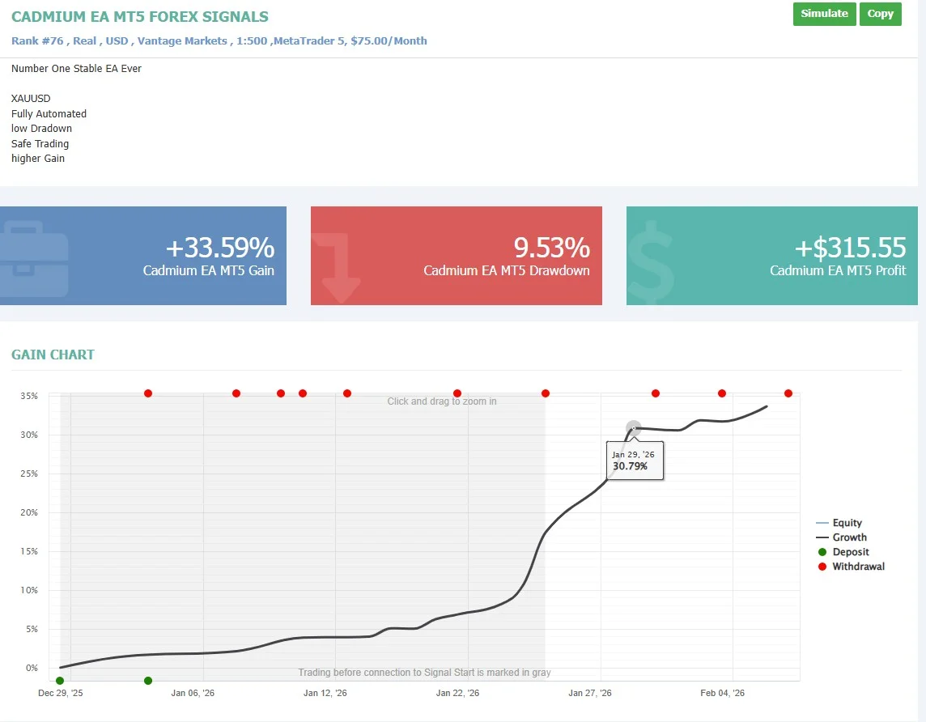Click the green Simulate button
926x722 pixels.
(824, 14)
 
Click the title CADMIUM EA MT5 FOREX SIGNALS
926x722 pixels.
(140, 17)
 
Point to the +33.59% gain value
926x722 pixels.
(219, 248)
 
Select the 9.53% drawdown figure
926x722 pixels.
(551, 248)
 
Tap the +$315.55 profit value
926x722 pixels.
(850, 248)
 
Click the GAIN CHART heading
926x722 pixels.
(53, 355)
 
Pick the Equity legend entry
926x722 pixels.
(847, 523)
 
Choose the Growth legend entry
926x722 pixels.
(849, 537)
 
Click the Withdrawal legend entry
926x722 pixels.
(858, 567)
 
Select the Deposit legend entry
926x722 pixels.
(851, 552)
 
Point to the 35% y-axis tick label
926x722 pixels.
(28, 397)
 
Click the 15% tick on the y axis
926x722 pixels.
(28, 552)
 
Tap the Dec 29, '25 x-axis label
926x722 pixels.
(61, 694)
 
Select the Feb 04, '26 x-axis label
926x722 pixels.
(722, 694)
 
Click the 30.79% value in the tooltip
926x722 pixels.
(630, 466)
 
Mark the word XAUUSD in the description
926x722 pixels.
(31, 99)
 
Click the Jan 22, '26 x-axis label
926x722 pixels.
(457, 694)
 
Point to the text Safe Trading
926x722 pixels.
(40, 144)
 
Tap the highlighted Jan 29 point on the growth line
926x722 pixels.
(634, 427)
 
